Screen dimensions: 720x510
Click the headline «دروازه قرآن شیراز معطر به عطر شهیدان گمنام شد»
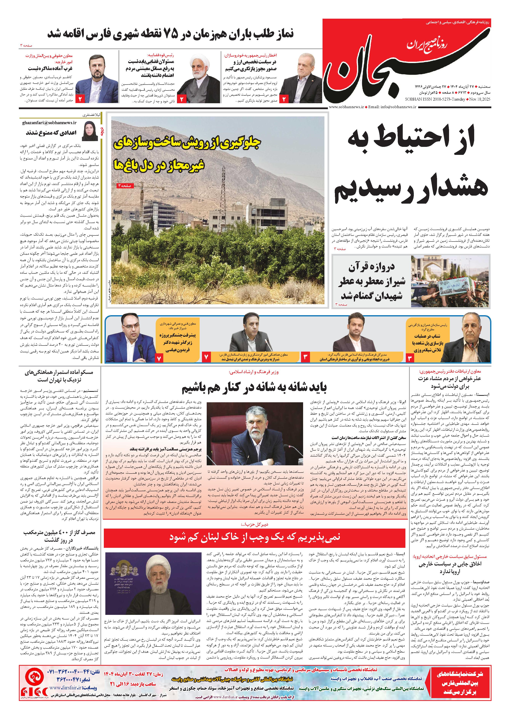tap(372, 282)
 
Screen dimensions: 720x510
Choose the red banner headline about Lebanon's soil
tap(254, 537)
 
